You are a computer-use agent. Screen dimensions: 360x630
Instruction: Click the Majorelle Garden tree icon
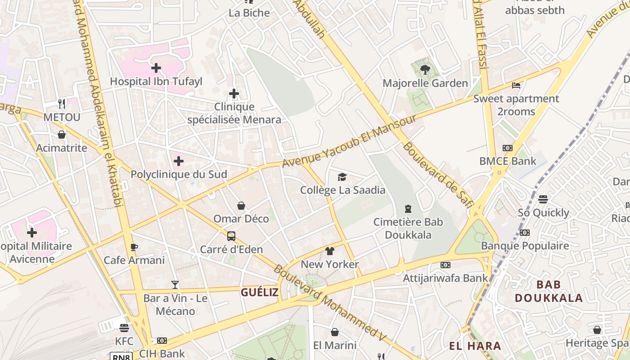tap(425, 69)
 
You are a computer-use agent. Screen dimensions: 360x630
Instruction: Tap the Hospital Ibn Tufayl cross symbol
tap(156, 68)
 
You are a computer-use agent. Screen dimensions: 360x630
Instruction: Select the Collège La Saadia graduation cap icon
tap(342, 177)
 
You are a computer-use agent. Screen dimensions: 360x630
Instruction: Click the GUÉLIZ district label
tap(260, 292)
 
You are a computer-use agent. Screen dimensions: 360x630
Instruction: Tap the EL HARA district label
tap(475, 346)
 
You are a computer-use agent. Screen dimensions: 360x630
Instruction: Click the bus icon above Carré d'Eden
tap(231, 236)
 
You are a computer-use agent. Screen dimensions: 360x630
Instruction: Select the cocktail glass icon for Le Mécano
tap(175, 285)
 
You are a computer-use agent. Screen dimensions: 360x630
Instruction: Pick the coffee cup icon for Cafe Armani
tap(134, 247)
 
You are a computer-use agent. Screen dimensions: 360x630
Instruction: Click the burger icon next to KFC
tap(124, 328)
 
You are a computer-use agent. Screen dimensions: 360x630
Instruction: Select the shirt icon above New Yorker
tap(330, 251)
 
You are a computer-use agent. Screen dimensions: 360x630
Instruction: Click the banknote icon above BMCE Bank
tap(508, 148)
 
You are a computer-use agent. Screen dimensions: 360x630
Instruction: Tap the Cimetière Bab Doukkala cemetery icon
tap(408, 208)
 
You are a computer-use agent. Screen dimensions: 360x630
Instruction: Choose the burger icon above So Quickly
tap(543, 199)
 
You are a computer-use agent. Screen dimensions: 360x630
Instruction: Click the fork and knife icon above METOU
tap(62, 104)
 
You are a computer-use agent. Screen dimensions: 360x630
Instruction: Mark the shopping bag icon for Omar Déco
tap(241, 206)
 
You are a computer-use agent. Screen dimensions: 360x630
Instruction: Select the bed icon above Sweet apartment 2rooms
tap(516, 85)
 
